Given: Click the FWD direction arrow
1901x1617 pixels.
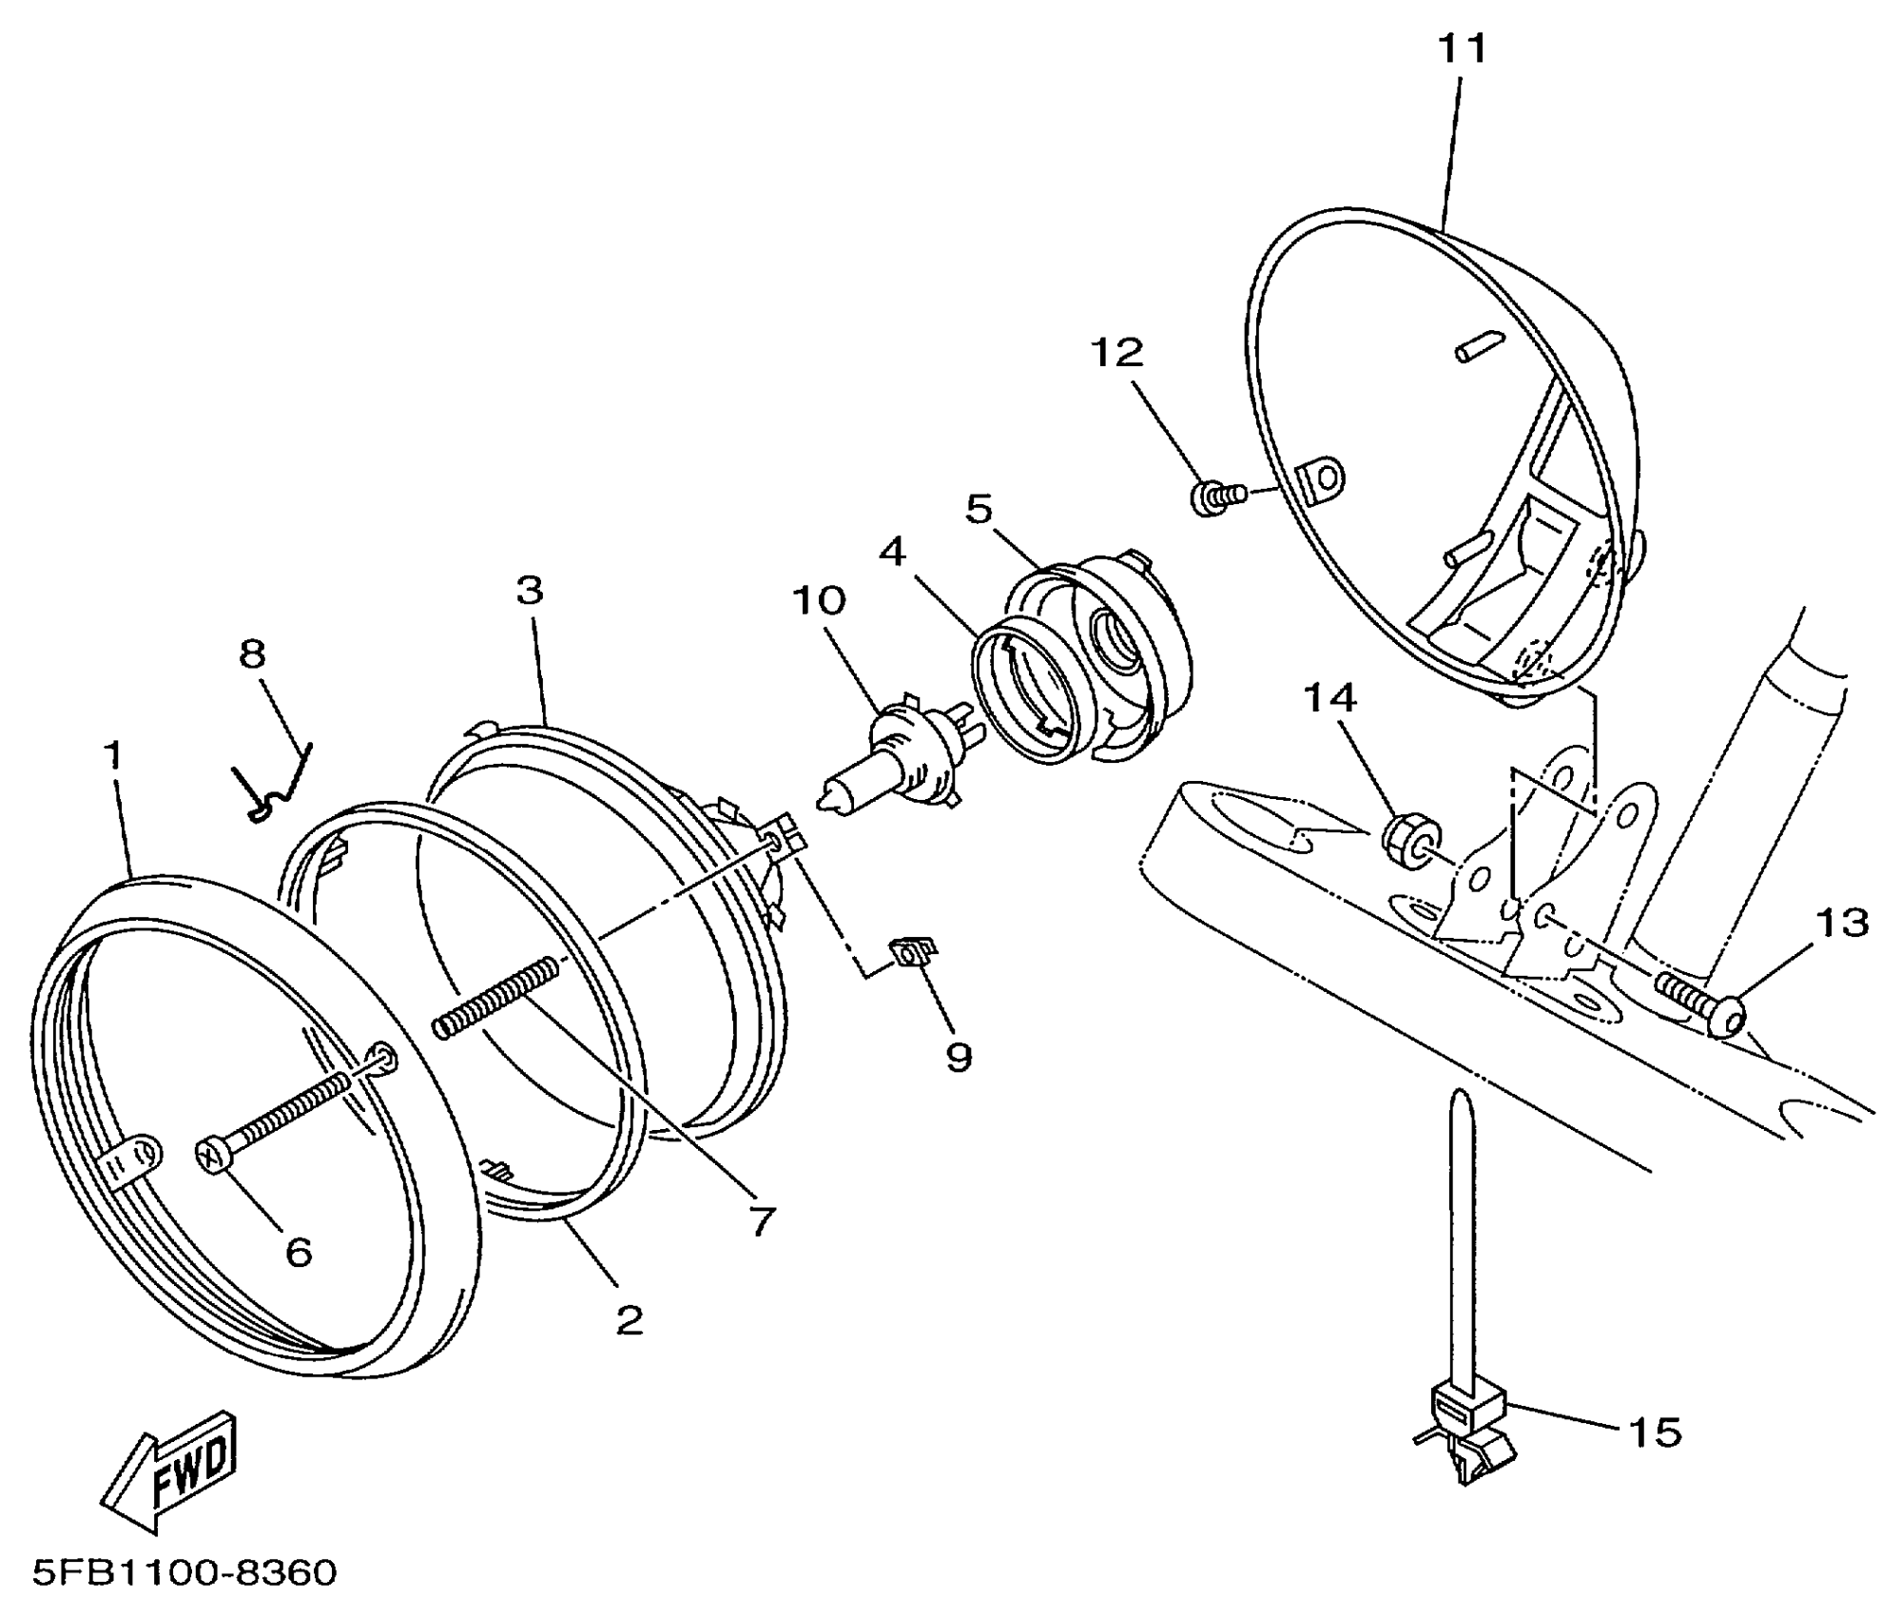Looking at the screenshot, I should coord(171,1471).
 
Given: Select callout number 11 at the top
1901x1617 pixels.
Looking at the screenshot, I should coord(1462,48).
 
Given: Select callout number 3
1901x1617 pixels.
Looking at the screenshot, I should coord(530,591).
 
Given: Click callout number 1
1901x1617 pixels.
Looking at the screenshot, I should coord(113,756).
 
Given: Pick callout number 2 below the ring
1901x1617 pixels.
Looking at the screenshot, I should coord(629,1318).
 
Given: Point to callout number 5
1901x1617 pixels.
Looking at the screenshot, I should coord(979,509).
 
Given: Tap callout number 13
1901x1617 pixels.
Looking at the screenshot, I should coord(1842,922).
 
